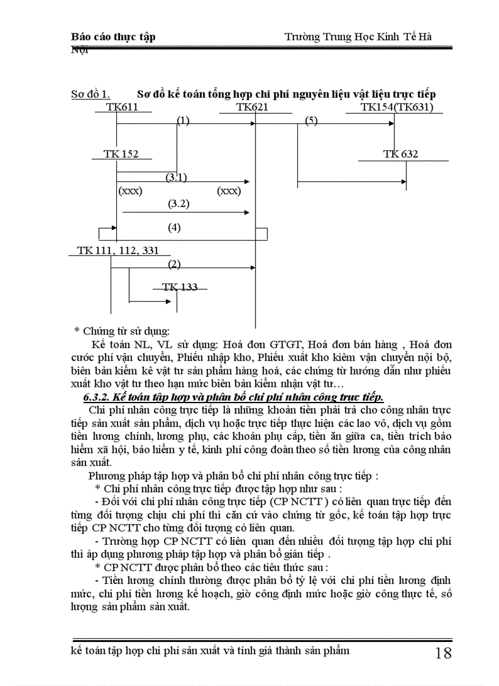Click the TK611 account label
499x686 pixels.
(x=122, y=108)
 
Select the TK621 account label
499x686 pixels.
(x=252, y=108)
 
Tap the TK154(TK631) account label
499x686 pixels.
(x=397, y=108)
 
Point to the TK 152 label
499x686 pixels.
(x=121, y=154)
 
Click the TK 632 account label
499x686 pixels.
(x=401, y=154)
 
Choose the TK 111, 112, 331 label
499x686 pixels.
(x=118, y=250)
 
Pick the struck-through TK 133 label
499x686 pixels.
(x=180, y=287)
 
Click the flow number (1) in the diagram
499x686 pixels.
(x=183, y=120)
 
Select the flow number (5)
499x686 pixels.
(x=311, y=120)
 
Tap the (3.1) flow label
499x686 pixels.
(x=176, y=177)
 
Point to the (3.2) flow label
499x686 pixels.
(x=179, y=204)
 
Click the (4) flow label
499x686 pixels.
(x=174, y=228)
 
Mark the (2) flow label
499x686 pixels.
(x=174, y=264)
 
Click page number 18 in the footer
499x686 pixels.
(x=443, y=653)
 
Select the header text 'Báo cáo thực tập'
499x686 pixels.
(x=113, y=37)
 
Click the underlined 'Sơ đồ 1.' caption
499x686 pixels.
(x=91, y=95)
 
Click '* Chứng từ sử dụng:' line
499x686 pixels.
(x=122, y=331)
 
